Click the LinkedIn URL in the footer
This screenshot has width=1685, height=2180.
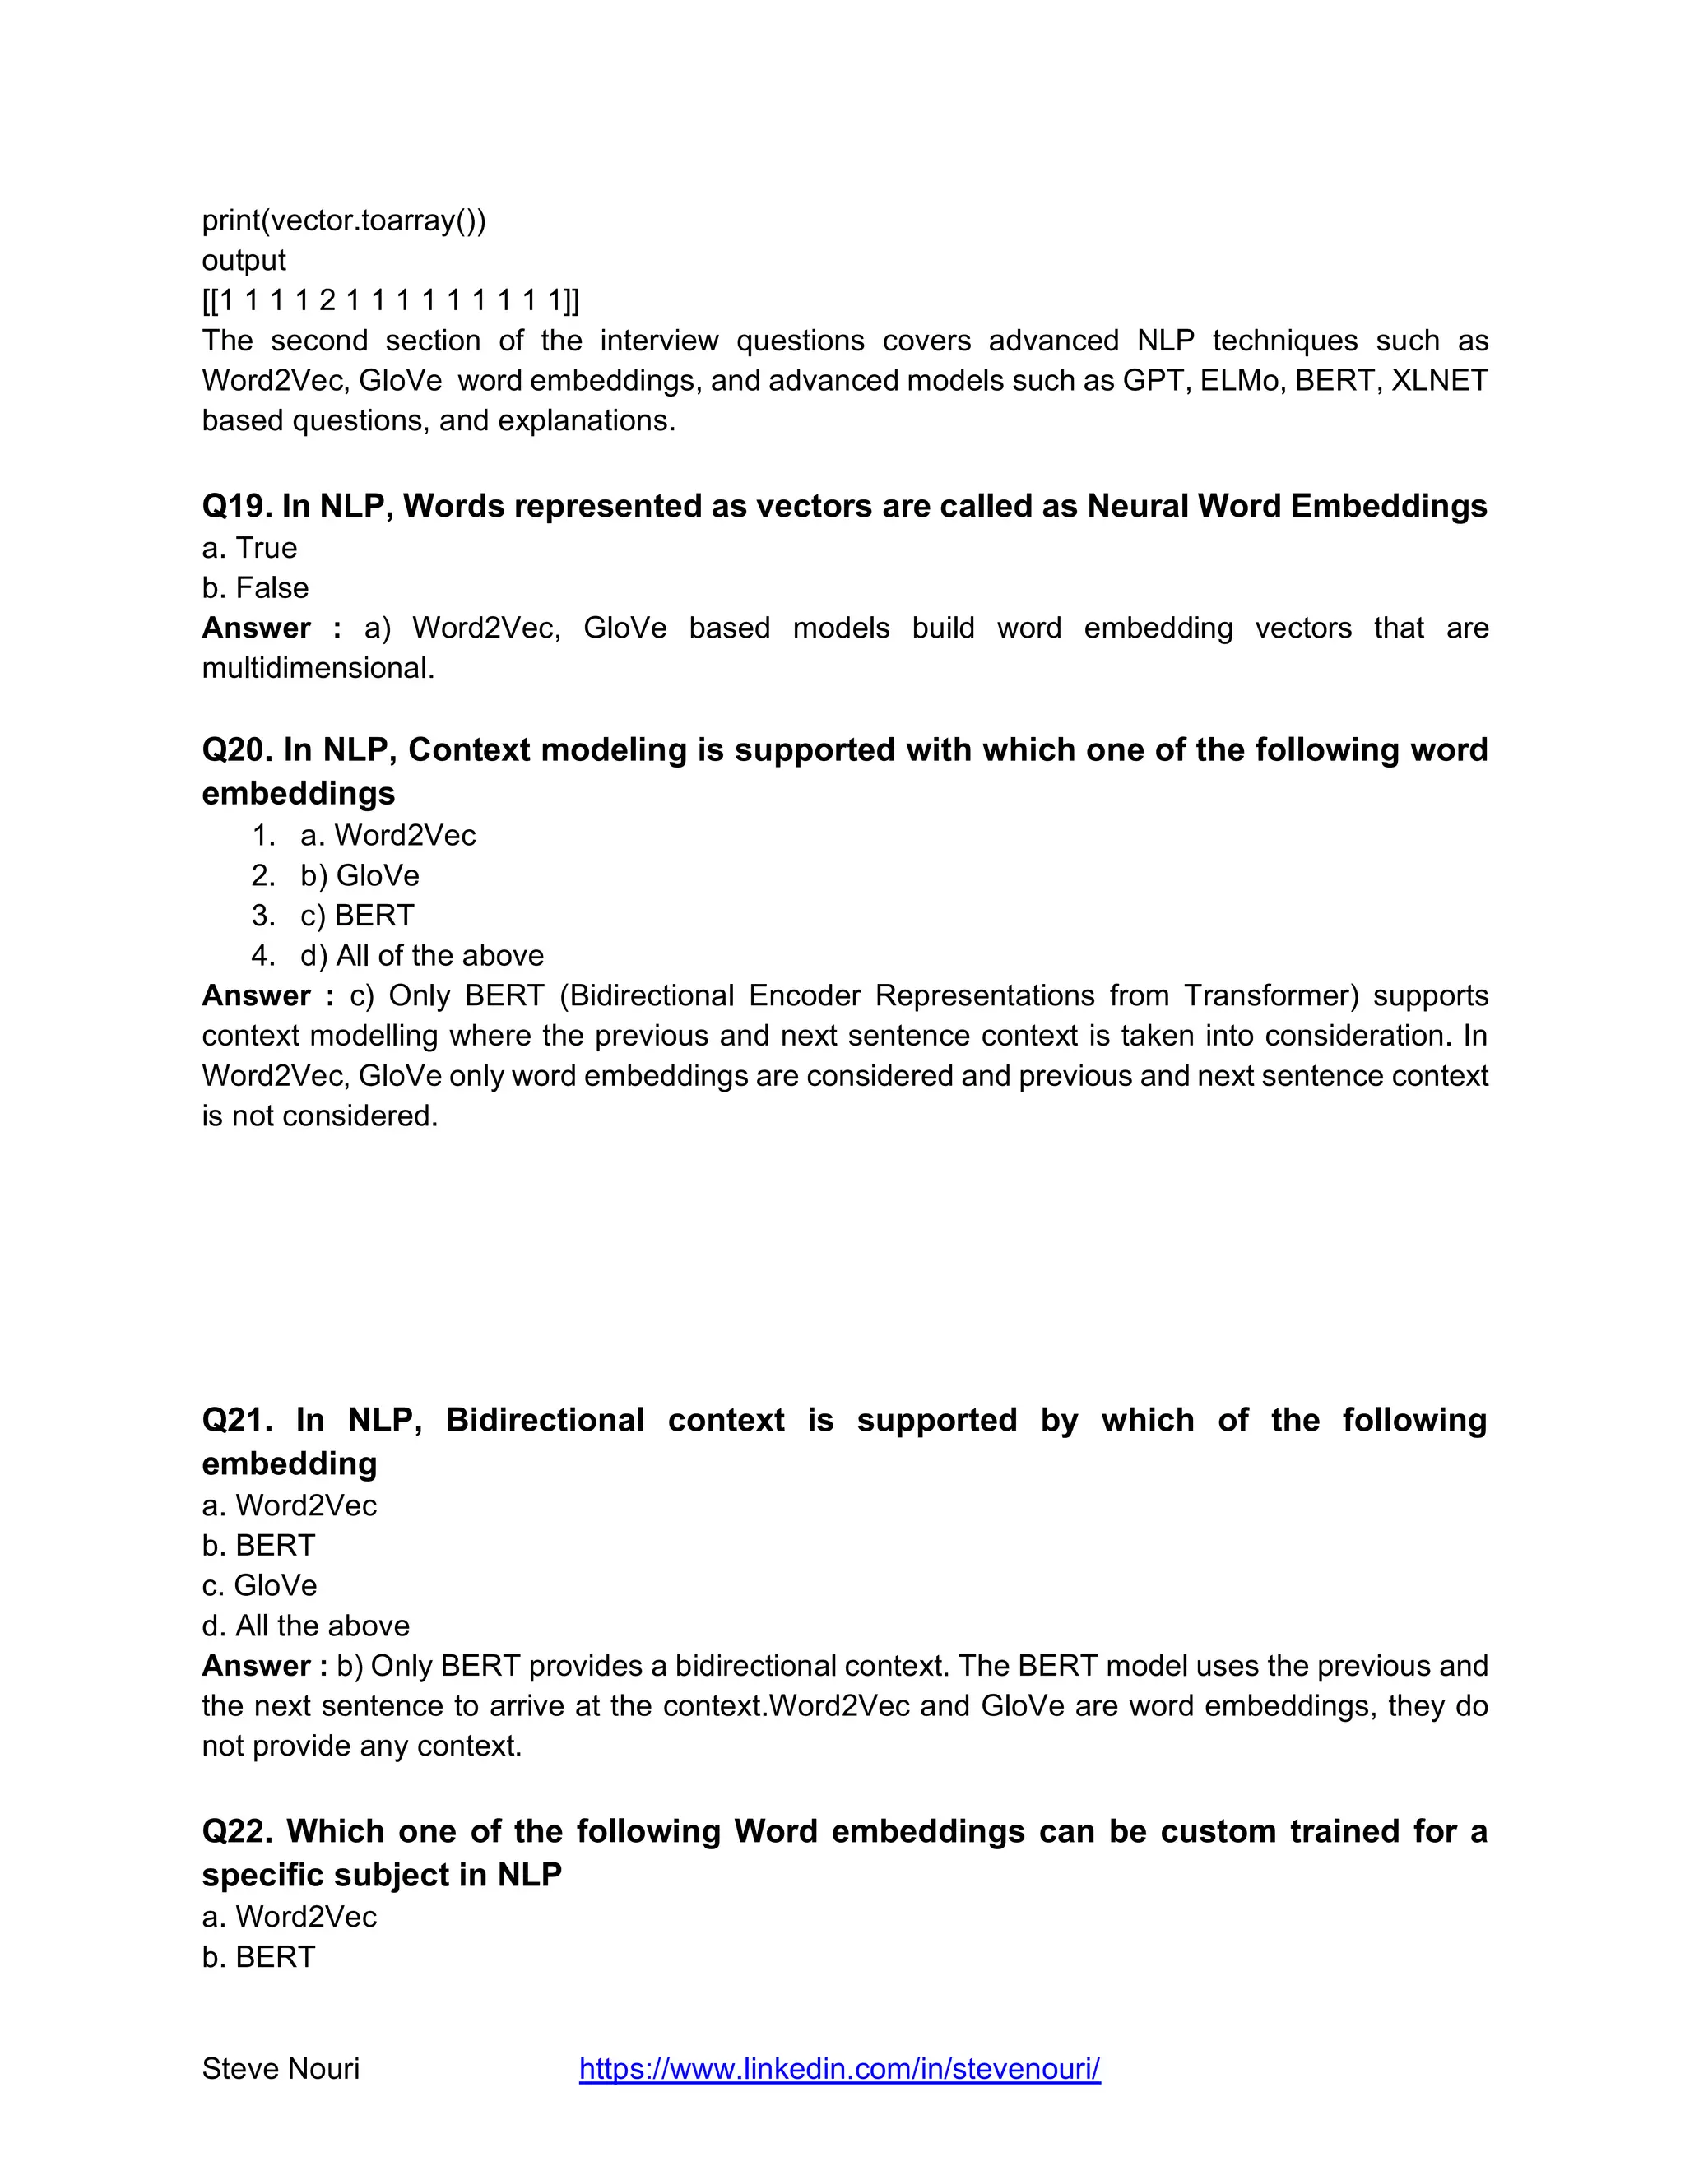839,2068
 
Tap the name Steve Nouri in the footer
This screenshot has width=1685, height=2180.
281,2068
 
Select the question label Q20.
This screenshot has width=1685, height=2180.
238,749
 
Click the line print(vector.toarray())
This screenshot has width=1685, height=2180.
343,220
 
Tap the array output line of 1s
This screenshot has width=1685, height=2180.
390,299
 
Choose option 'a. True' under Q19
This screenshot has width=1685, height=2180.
249,548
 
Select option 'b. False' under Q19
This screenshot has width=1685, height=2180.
256,588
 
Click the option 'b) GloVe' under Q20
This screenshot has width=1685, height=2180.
360,875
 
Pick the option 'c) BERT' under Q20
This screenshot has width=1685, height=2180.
356,916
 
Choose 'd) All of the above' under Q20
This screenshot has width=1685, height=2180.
421,955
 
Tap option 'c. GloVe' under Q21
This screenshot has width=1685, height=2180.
259,1585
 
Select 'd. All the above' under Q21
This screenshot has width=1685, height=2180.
305,1625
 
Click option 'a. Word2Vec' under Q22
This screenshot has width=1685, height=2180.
290,1917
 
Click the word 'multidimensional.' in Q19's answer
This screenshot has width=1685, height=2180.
318,668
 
